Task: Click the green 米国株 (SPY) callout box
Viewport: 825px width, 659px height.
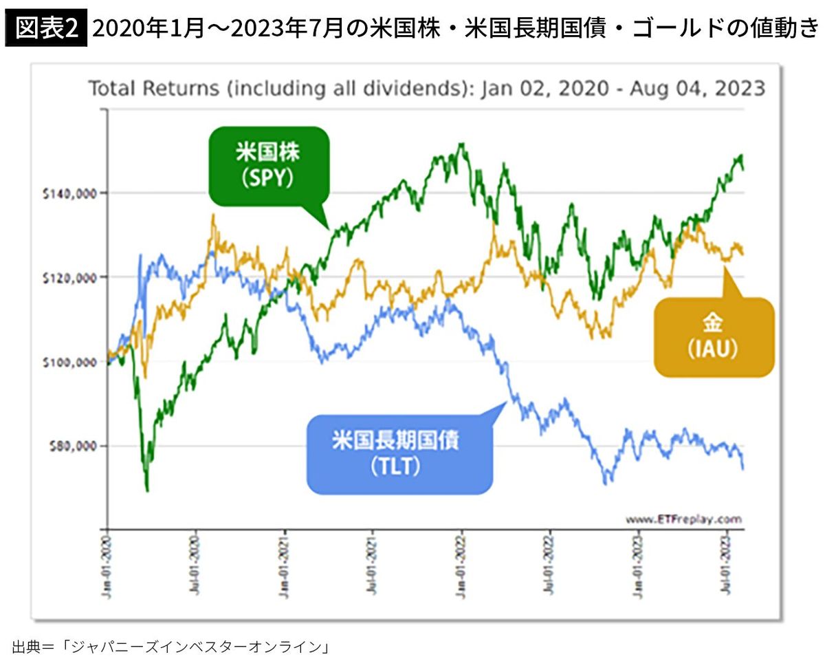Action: click(269, 166)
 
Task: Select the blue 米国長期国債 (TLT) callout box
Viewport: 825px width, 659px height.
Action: click(400, 454)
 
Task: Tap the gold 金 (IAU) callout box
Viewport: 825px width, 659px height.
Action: click(713, 337)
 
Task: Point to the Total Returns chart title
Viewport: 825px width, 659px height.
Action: click(426, 88)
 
